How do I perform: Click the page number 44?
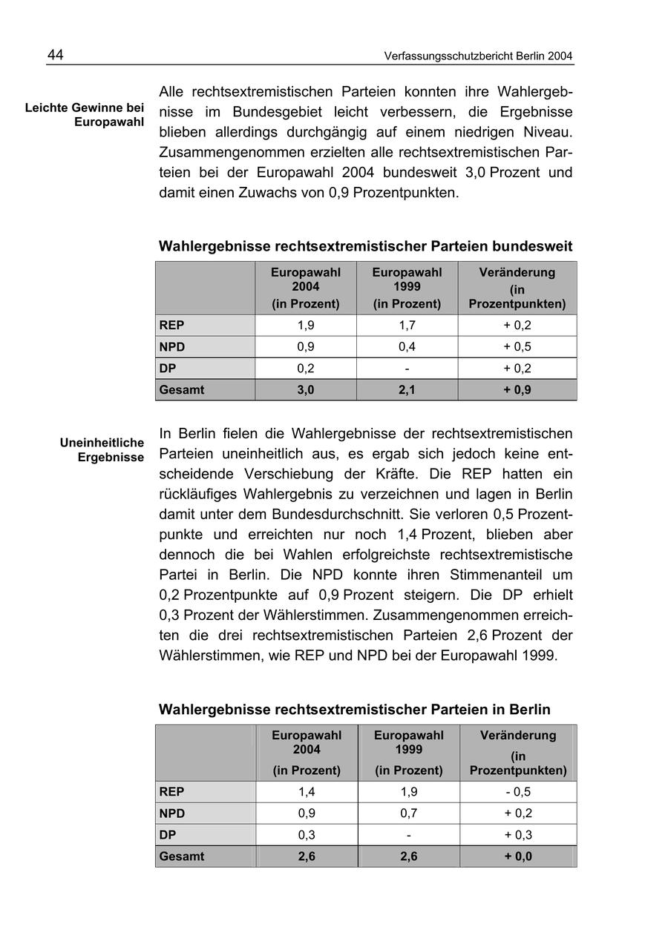point(56,56)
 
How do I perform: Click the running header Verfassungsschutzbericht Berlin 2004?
point(479,56)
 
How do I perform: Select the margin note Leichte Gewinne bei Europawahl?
point(85,115)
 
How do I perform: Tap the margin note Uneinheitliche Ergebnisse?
point(102,450)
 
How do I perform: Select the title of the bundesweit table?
point(365,245)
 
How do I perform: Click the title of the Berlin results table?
point(355,710)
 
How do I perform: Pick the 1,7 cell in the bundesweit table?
point(407,326)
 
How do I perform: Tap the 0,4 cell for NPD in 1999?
point(407,347)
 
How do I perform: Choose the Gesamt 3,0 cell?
point(305,390)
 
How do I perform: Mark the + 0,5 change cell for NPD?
point(517,347)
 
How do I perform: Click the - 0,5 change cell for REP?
point(518,792)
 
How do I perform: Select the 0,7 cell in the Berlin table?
point(408,813)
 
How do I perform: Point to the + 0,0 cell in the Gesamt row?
point(518,856)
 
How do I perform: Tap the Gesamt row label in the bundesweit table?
point(181,390)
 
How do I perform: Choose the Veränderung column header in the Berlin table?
point(518,753)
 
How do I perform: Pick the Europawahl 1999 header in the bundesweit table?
point(407,288)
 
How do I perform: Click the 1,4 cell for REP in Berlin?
point(307,792)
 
